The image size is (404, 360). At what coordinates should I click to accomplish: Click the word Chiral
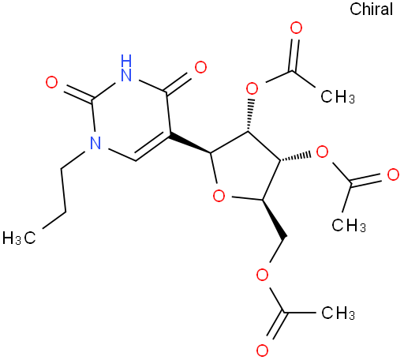tap(371, 9)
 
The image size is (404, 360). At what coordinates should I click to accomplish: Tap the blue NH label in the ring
tap(126, 68)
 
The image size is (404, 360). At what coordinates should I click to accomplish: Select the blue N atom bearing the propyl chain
tap(95, 143)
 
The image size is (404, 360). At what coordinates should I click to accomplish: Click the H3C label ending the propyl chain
tap(19, 238)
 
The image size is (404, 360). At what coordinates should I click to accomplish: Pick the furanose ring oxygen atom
tap(219, 196)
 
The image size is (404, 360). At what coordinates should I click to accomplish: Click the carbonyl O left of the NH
tap(51, 82)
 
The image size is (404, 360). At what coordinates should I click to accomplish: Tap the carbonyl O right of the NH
tap(200, 67)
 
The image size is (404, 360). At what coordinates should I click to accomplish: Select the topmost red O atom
tap(296, 28)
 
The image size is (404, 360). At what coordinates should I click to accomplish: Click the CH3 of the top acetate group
tap(338, 96)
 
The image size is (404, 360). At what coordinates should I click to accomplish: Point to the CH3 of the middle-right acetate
tap(349, 225)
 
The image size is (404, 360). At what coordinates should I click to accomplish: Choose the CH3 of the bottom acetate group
tap(338, 313)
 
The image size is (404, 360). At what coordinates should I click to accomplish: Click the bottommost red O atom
tap(262, 351)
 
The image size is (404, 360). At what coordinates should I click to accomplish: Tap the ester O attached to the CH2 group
tap(262, 275)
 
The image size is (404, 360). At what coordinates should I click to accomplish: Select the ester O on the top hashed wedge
tap(252, 88)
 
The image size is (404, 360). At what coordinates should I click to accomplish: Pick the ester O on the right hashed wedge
tap(322, 152)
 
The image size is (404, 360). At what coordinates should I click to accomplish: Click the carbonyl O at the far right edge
tap(393, 175)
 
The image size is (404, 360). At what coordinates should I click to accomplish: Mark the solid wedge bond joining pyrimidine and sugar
tap(189, 144)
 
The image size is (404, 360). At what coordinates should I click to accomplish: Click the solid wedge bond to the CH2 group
tap(274, 219)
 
